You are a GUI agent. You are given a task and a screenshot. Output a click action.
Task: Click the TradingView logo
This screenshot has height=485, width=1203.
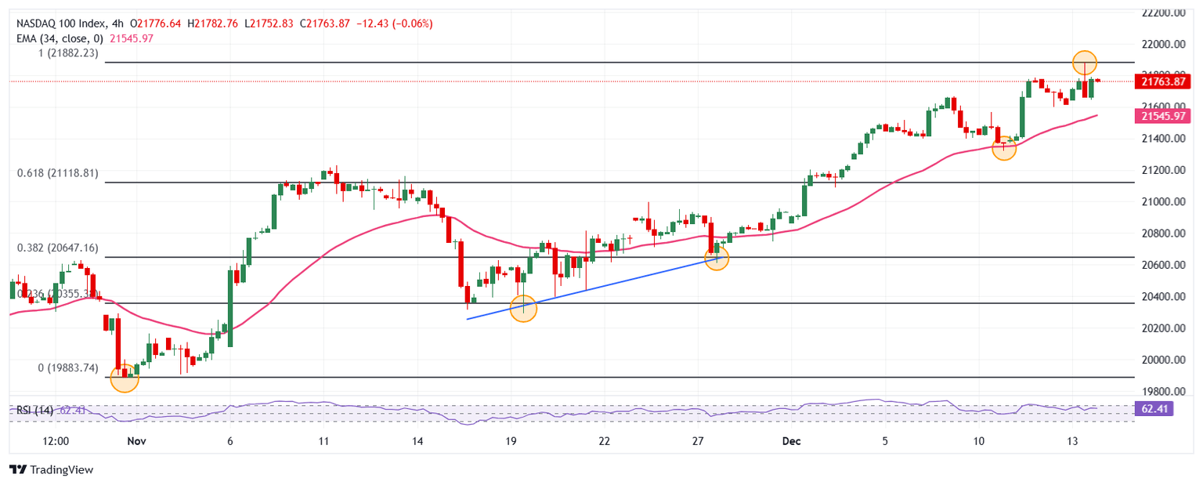51,469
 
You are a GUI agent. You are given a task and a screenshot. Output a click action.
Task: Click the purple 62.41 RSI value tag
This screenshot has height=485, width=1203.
1153,408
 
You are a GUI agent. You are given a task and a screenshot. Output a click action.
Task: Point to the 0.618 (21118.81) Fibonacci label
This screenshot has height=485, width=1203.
58,173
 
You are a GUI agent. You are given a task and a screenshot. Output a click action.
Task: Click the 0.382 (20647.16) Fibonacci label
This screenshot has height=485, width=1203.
58,248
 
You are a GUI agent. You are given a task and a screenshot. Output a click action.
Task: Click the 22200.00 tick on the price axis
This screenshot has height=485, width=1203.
1162,13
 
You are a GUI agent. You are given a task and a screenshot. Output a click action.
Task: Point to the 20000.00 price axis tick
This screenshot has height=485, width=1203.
1162,360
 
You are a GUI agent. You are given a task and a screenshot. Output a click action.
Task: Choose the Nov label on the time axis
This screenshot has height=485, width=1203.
136,442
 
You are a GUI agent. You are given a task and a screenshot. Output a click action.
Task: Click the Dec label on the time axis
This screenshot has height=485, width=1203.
791,442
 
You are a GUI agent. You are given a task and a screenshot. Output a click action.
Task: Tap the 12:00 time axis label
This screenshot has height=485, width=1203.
56,442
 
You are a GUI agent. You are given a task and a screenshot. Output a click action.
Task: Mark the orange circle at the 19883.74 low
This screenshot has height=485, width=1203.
125,378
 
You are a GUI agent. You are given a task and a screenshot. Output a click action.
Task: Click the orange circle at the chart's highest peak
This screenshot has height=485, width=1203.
1085,62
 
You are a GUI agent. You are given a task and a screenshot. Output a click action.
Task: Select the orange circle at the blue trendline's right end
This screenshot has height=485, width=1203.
717,258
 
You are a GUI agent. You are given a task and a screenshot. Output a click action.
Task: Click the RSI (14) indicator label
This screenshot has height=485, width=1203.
35,409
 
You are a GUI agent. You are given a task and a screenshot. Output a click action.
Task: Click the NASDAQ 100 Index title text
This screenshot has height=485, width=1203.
60,24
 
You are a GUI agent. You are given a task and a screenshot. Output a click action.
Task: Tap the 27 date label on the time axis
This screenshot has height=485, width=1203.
699,442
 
